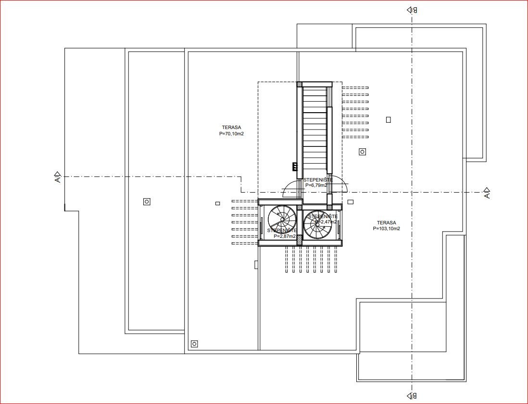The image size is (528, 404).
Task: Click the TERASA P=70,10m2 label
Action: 231,130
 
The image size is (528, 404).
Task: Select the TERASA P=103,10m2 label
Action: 386,226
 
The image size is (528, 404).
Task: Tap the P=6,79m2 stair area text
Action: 316,185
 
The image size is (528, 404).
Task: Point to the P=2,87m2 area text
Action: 284,236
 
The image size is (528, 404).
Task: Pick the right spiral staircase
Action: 317,225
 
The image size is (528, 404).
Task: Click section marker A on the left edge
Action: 57,177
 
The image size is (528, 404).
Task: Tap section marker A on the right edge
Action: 487,193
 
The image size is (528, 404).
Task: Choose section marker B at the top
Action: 412,10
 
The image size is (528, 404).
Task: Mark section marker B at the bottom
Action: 412,396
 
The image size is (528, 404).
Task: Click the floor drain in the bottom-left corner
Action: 194,343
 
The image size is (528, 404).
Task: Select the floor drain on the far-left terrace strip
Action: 147,202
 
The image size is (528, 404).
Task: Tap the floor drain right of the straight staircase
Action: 362,152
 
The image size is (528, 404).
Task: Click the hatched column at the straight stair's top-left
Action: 299,84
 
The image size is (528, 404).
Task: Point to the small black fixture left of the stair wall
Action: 294,167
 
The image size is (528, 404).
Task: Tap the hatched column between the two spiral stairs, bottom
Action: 300,239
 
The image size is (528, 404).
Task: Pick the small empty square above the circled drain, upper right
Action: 388,120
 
